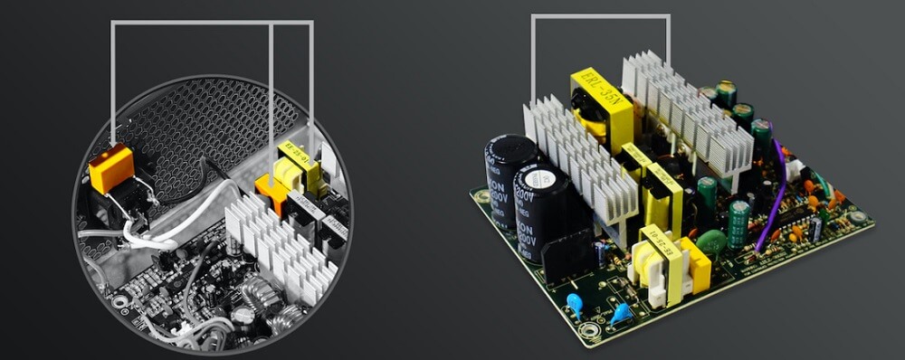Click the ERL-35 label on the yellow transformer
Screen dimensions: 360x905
point(600,87)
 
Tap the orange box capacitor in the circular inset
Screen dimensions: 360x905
point(112,168)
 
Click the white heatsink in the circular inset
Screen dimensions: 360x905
point(276,244)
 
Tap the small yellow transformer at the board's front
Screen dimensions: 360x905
point(661,262)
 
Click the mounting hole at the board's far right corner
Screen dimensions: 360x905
point(855,218)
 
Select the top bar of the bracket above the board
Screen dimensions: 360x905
point(600,15)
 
